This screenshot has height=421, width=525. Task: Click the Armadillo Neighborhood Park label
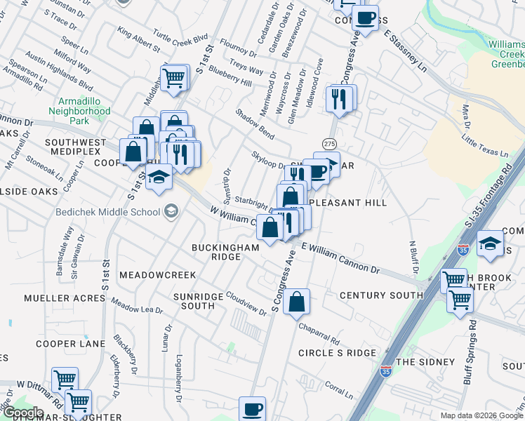pyautogui.click(x=80, y=111)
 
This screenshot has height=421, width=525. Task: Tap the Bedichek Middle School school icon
pyautogui.click(x=171, y=211)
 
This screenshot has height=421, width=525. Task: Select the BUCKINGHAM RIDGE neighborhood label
pyautogui.click(x=216, y=252)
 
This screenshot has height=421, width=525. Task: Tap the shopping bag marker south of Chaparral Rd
pyautogui.click(x=297, y=302)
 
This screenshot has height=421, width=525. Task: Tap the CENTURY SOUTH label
pyautogui.click(x=381, y=295)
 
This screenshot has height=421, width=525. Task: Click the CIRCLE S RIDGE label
pyautogui.click(x=337, y=352)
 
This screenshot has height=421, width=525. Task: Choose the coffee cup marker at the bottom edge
pyautogui.click(x=252, y=409)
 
